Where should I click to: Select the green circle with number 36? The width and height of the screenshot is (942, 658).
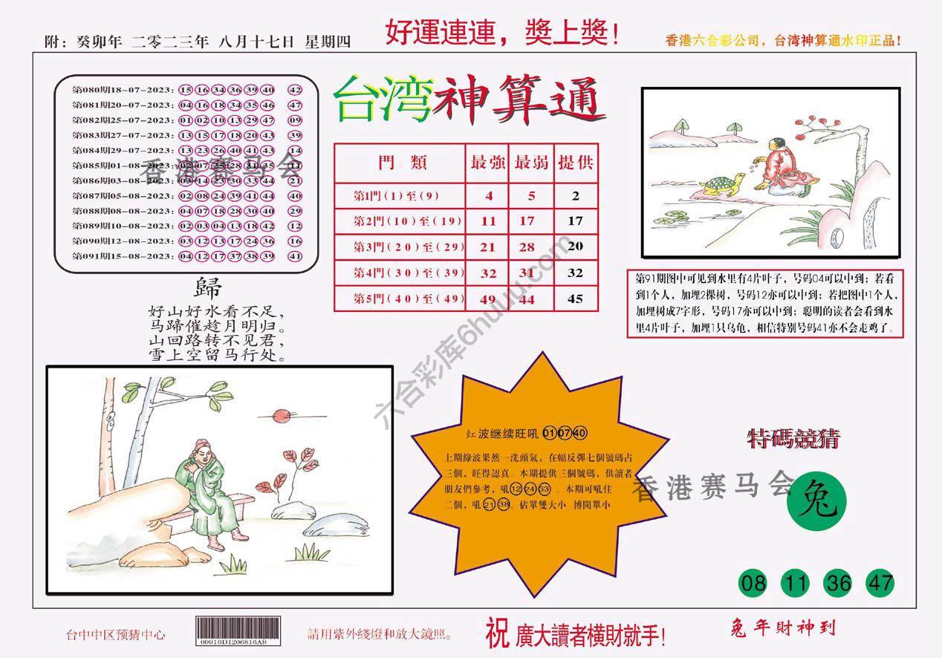pos(838,584)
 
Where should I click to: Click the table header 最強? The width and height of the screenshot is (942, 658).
pos(488,163)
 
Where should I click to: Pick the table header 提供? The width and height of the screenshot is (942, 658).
pos(576,163)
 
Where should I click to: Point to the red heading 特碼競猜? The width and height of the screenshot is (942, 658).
pos(793,439)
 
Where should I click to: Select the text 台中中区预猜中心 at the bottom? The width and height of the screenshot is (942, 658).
pos(116,634)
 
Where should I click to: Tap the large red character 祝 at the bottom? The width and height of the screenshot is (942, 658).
pos(496,633)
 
